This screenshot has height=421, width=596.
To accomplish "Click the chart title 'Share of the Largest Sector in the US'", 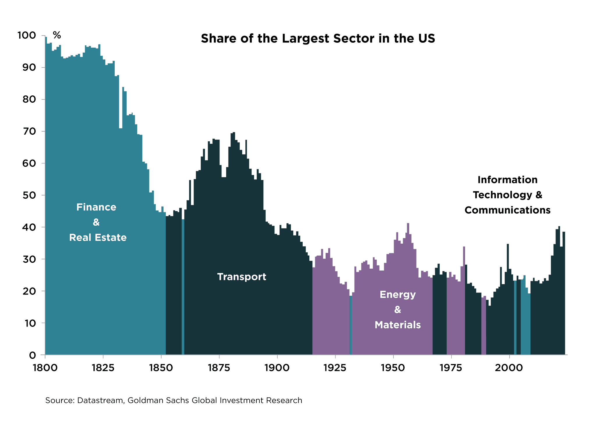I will click(x=318, y=38).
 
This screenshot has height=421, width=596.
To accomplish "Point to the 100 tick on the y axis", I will click(x=27, y=35).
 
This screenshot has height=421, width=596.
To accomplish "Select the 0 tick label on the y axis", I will click(x=32, y=355).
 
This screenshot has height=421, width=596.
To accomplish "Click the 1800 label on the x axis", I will click(x=45, y=368).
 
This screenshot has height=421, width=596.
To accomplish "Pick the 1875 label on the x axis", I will click(x=219, y=368).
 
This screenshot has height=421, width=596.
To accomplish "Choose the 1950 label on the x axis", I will click(x=393, y=368).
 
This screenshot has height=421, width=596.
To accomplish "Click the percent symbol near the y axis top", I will click(x=57, y=35).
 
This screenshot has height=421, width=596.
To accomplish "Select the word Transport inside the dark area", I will click(x=242, y=276).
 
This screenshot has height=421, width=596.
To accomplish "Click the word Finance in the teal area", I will click(x=96, y=207).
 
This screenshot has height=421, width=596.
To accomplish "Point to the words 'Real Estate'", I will click(x=98, y=238).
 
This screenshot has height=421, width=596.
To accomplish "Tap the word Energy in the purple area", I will click(x=398, y=295).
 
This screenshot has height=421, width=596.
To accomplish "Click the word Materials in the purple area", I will click(x=398, y=325).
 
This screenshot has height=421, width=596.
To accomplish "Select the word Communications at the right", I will click(x=507, y=210).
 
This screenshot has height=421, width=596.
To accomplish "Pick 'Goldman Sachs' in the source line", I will click(x=159, y=400).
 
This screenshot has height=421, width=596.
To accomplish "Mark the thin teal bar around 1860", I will click(x=183, y=291).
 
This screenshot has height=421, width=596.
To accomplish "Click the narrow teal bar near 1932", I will click(x=351, y=326).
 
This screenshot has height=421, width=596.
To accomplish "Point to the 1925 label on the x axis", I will click(x=335, y=368).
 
